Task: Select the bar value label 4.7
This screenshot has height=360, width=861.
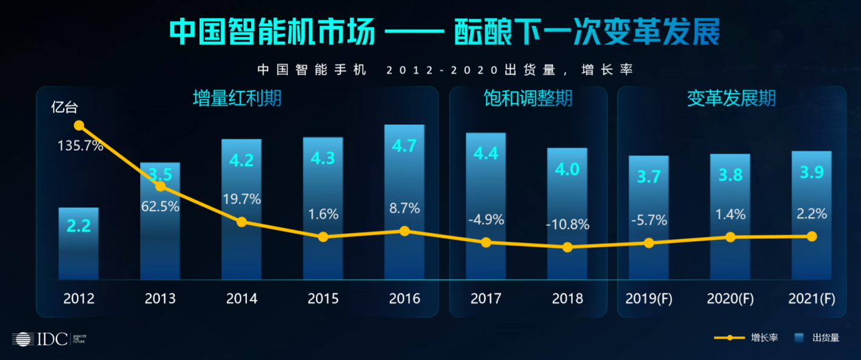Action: click(x=404, y=147)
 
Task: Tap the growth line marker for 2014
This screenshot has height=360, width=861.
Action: click(x=242, y=222)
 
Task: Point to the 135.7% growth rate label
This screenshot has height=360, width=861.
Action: click(x=81, y=146)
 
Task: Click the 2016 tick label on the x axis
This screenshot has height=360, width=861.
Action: click(x=404, y=298)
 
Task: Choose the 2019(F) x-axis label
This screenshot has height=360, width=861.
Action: click(x=649, y=298)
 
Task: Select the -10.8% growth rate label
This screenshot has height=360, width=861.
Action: click(x=567, y=225)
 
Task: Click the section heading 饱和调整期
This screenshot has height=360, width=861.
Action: click(x=528, y=99)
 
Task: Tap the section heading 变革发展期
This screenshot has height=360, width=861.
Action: click(x=731, y=99)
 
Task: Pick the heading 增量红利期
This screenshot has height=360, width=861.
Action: click(x=237, y=99)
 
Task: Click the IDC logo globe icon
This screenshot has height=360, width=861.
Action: click(x=23, y=339)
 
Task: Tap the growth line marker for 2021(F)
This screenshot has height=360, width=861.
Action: click(x=812, y=236)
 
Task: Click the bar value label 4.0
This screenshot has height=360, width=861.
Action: click(x=567, y=169)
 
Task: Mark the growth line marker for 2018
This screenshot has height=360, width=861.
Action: click(x=567, y=247)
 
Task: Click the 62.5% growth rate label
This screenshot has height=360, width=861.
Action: click(x=161, y=207)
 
